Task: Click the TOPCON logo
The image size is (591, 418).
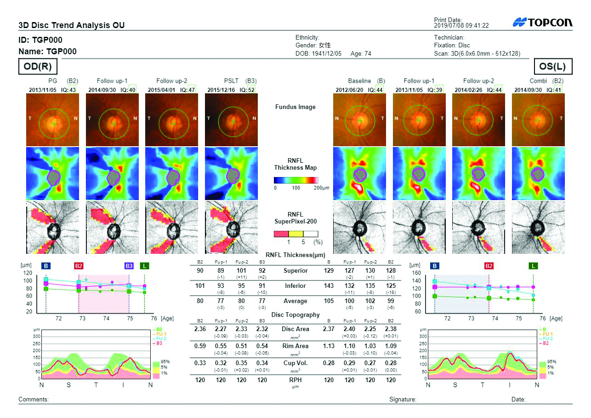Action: (x=543, y=23)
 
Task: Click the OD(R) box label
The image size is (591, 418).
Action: (x=38, y=67)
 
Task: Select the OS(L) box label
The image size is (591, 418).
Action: (x=553, y=67)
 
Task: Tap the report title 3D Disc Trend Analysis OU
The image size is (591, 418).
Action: (x=71, y=25)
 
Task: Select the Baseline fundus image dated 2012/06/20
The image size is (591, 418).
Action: (x=360, y=120)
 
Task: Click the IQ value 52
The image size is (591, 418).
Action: (x=251, y=90)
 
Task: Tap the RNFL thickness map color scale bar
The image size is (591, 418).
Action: (x=295, y=180)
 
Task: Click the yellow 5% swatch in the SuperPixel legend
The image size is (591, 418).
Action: (x=295, y=234)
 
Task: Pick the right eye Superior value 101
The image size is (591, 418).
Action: (x=241, y=270)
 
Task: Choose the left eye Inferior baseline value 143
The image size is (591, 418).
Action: (x=329, y=286)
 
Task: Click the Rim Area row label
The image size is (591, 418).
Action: (x=295, y=346)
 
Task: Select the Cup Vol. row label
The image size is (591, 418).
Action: (x=295, y=363)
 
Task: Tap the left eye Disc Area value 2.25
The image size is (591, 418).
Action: (x=370, y=329)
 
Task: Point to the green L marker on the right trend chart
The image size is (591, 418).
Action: (x=533, y=266)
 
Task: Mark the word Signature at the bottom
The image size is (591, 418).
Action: (x=403, y=400)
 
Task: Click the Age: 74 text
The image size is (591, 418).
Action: (x=361, y=53)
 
